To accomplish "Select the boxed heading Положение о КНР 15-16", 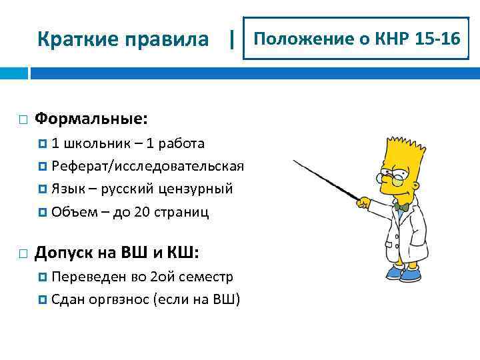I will tap(356, 39).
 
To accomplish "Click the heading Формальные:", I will tap(91, 119).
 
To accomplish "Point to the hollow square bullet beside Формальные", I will tap(23, 120).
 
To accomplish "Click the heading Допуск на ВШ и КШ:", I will tap(116, 252).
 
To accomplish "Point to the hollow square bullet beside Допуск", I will tap(23, 253).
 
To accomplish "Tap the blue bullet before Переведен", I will tap(43, 277).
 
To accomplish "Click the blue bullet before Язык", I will tap(43, 189).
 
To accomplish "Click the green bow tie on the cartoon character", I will tap(401, 207).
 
